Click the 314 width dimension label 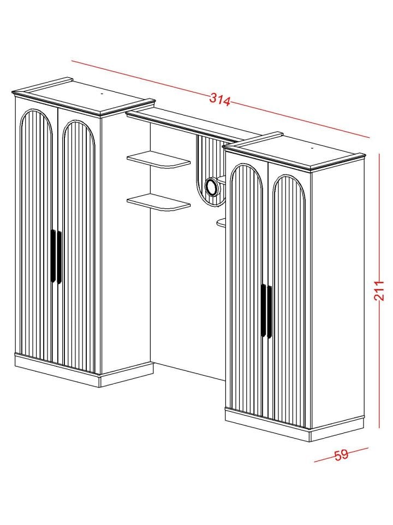[220, 100]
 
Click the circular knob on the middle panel [212, 185]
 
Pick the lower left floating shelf [158, 202]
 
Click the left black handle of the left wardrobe [53, 256]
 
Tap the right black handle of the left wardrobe [59, 257]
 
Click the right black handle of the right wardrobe [270, 312]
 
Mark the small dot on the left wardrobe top [102, 94]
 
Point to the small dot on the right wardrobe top [312, 148]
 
